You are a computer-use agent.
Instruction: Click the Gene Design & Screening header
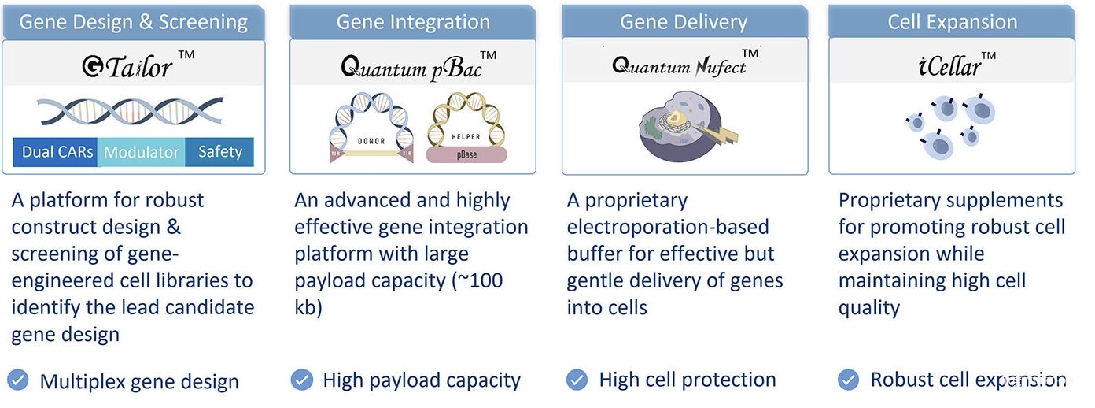pos(133,21)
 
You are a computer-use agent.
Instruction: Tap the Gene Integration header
pos(413,21)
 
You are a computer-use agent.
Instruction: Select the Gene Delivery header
pos(684,21)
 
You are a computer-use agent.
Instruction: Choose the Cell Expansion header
pos(952,21)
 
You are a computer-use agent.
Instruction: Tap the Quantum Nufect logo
pos(678,65)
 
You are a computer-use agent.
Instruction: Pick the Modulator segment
pos(142,152)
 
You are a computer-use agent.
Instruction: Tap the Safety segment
pos(220,152)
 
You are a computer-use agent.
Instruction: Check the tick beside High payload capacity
pos(302,380)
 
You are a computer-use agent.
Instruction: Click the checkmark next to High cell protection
pos(577,380)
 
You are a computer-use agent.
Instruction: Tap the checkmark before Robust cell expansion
pos(848,380)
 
